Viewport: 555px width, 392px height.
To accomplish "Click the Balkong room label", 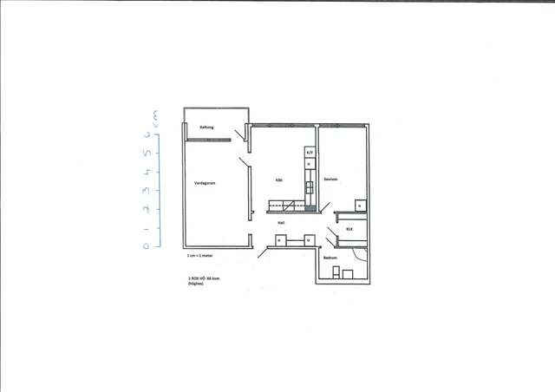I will [206, 127].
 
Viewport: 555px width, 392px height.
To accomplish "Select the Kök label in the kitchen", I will [279, 180].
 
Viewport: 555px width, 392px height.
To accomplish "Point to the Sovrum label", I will [330, 180].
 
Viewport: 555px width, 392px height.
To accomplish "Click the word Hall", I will [281, 223].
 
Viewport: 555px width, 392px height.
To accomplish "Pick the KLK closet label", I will [349, 229].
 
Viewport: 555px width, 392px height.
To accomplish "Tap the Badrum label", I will [330, 258].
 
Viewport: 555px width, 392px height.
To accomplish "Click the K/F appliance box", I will [309, 153].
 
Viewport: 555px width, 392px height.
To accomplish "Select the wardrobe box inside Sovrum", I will [359, 206].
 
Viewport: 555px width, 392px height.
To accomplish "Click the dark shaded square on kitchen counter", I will [310, 208].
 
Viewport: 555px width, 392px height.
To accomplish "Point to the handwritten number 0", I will [147, 245].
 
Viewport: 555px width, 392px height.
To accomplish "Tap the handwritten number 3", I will [147, 190].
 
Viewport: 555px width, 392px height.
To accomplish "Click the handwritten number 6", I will [147, 135].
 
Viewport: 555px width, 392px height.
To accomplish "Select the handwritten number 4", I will [147, 172].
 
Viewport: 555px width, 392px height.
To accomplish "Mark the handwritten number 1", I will [147, 227].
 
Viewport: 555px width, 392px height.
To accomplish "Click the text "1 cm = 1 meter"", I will [200, 258].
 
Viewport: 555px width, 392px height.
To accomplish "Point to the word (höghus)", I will [195, 285].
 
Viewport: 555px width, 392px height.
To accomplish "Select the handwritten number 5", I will [147, 154].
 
